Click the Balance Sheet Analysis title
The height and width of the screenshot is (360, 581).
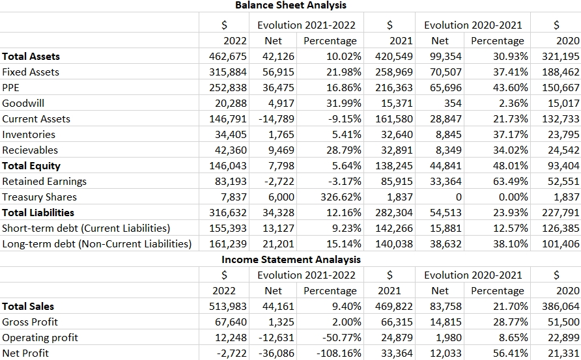click(x=290, y=5)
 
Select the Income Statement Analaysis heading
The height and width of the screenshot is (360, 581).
click(x=290, y=259)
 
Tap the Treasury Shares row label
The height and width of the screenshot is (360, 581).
click(x=39, y=197)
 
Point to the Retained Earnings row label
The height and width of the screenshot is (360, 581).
click(x=44, y=181)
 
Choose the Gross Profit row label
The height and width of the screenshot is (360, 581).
click(x=29, y=322)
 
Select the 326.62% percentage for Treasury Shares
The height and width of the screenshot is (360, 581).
click(x=338, y=197)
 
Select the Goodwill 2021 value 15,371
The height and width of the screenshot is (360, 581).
click(x=394, y=103)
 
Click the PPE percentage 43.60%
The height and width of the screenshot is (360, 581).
click(x=505, y=87)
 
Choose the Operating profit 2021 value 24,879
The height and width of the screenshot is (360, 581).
click(x=394, y=337)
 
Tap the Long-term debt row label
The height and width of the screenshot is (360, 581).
click(x=96, y=243)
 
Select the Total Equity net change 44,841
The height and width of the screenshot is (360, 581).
click(x=446, y=165)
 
